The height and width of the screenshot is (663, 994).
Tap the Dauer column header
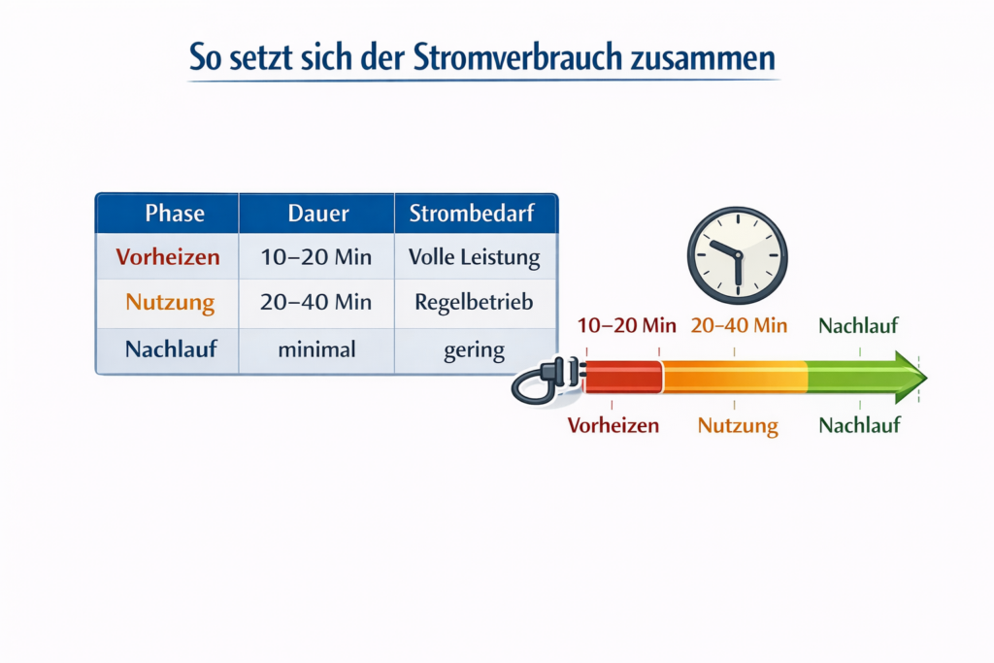coord(317,213)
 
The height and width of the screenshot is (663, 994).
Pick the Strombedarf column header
coord(471,213)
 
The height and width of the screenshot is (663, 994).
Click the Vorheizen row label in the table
coord(167,258)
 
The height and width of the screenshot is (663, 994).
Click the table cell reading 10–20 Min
coord(316,258)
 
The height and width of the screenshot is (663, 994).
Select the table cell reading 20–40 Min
coord(316,302)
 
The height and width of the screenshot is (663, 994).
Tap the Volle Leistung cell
coord(474,258)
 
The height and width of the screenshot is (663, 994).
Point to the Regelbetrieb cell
coord(474,302)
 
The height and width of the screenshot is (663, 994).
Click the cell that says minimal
coord(316,349)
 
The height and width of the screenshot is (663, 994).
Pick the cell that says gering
coord(474,349)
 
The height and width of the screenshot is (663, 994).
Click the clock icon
coord(737,255)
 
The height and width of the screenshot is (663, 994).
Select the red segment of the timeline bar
coord(622,377)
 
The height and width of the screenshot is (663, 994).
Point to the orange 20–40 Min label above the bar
coord(739,325)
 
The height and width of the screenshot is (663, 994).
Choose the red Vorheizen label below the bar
coord(613,425)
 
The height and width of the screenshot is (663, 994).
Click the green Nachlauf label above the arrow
coord(859,325)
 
